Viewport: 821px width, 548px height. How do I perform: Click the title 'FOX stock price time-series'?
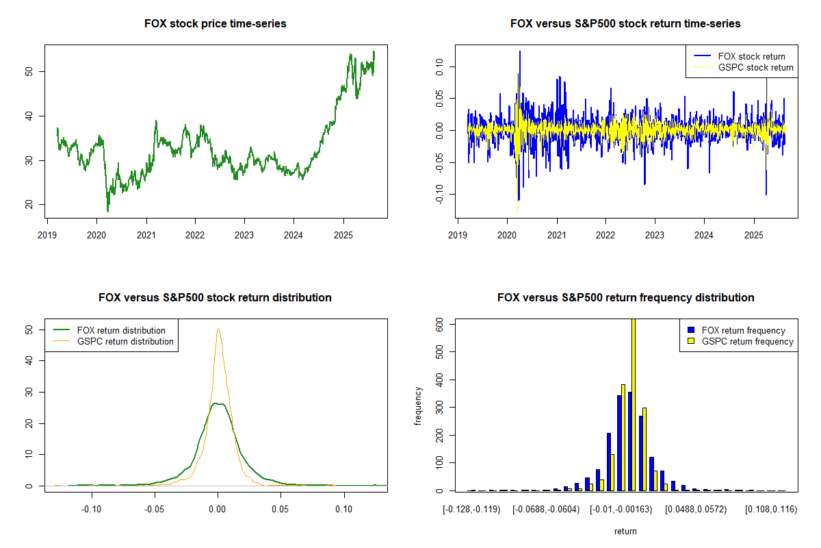tap(215, 24)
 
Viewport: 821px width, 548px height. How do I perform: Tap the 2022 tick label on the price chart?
tap(195, 233)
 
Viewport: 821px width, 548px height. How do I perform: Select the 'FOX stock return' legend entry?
tap(751, 56)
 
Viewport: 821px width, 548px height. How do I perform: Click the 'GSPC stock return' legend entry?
tap(755, 67)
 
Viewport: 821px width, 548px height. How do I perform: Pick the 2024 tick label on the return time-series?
tap(704, 233)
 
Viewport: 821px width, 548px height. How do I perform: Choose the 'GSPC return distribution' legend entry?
tap(125, 341)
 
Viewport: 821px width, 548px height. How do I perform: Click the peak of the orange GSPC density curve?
tap(218, 329)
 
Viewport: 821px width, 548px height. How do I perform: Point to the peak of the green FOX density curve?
tap(218, 403)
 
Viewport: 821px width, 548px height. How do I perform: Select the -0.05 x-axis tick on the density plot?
tap(155, 509)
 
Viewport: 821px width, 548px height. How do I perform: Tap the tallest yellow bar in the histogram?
tap(633, 404)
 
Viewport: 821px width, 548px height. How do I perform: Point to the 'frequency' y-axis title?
tap(418, 405)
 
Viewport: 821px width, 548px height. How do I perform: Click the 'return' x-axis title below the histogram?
tap(625, 531)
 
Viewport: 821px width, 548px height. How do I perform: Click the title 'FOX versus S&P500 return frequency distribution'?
tap(625, 298)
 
